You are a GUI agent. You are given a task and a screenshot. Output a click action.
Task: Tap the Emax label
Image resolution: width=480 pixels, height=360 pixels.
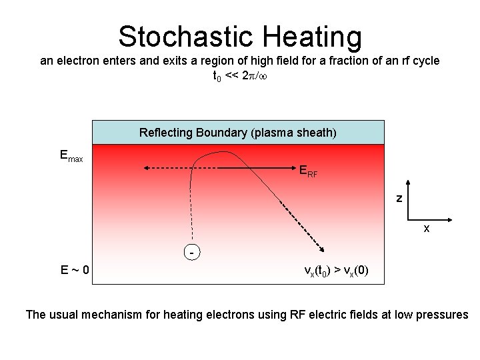pos(71,156)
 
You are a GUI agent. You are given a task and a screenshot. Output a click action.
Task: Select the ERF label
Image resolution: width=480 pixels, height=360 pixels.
pos(308,171)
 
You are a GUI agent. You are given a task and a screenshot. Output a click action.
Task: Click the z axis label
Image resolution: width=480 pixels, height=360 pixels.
pos(399,198)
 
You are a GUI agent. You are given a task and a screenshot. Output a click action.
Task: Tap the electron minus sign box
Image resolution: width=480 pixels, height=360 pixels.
pos(191,253)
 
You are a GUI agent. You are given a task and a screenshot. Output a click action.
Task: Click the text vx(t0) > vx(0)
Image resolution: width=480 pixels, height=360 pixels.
pos(335,270)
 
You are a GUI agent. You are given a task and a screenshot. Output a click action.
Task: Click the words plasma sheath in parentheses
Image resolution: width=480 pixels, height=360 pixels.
pos(294,133)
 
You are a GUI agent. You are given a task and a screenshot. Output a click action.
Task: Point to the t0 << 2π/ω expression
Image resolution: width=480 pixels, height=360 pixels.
pos(239,76)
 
